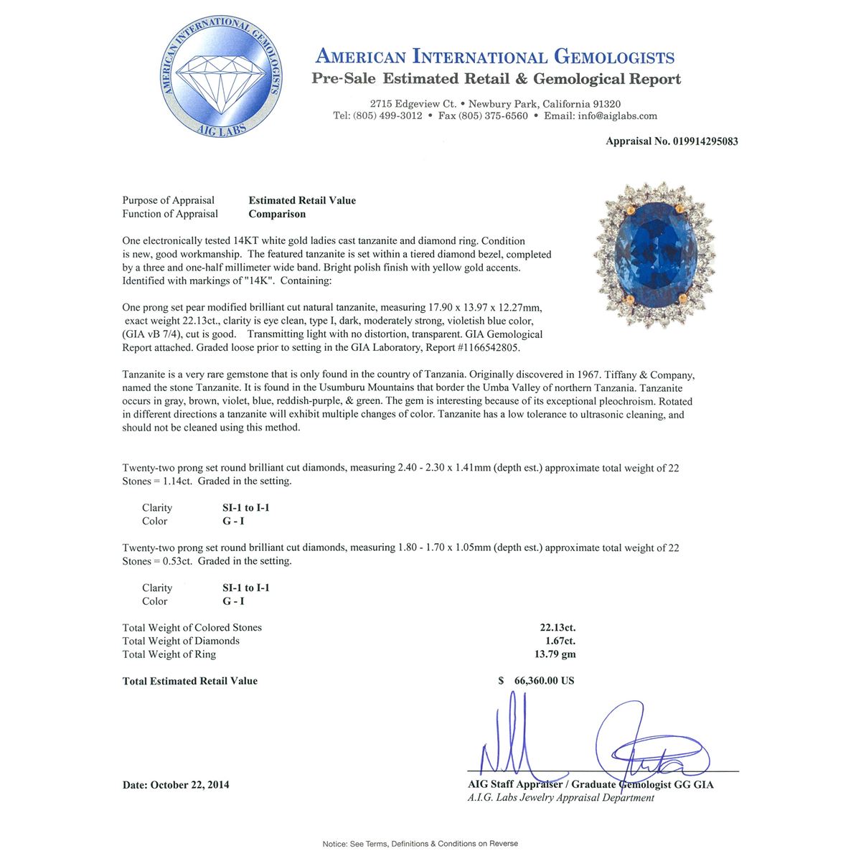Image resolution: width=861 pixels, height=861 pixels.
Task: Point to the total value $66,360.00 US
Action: [537, 681]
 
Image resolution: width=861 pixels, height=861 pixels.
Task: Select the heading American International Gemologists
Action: [495, 57]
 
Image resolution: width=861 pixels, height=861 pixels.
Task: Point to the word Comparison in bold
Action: [277, 214]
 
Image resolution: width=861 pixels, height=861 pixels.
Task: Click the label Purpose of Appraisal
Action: [168, 200]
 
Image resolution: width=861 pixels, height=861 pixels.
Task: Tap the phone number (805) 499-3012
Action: [387, 116]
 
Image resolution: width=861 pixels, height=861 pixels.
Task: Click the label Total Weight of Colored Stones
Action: [192, 628]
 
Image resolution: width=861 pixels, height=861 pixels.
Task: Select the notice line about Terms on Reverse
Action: [420, 844]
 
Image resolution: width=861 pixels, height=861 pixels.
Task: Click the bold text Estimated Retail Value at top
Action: [302, 200]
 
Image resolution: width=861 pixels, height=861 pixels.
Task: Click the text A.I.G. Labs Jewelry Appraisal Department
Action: [561, 798]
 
